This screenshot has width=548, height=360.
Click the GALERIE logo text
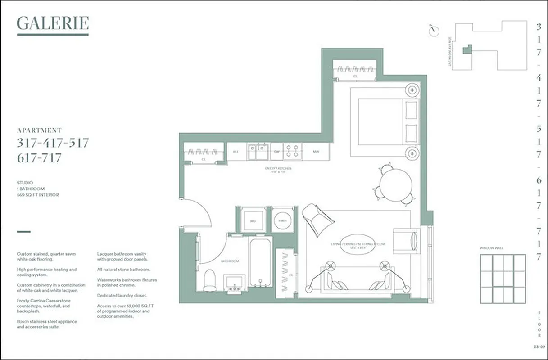click(53, 23)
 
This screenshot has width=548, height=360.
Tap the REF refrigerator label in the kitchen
click(236, 152)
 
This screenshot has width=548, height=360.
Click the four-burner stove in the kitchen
click(292, 151)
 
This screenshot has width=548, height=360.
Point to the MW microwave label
click(316, 152)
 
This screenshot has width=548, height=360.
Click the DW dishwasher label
click(277, 152)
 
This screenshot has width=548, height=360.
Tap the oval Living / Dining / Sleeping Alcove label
click(358, 245)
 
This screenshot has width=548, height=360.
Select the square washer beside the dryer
click(253, 220)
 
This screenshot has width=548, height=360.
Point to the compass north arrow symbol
click(434, 30)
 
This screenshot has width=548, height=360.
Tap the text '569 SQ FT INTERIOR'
click(38, 195)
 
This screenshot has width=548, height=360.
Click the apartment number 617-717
click(39, 158)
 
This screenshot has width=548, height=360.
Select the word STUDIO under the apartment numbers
click(25, 183)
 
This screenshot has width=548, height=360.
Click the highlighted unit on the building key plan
click(468, 49)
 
